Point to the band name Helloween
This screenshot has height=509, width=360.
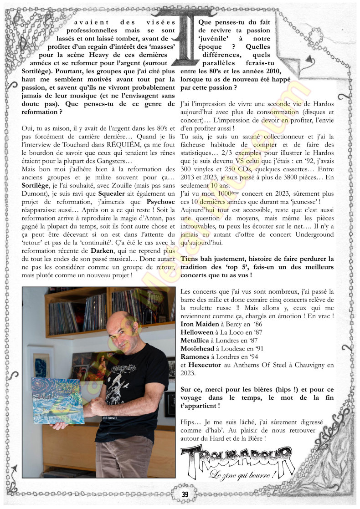197,332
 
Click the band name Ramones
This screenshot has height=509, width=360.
195,356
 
